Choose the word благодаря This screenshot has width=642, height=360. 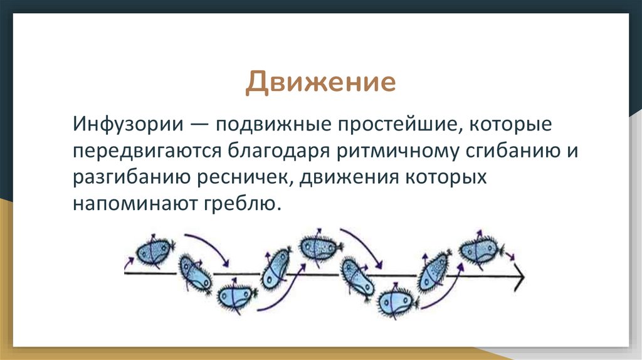268,151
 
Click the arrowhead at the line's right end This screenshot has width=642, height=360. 518,275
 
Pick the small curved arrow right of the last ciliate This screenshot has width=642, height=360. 511,255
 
